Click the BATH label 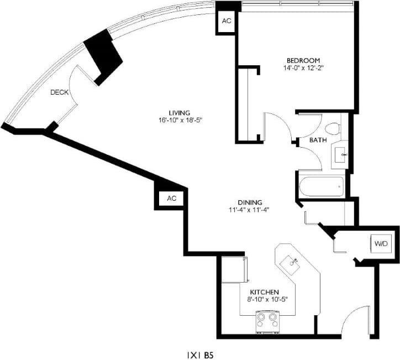point(317,140)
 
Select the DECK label point(59,92)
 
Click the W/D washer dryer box point(381,244)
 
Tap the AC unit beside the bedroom point(227,21)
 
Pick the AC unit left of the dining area point(171,199)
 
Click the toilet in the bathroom point(331,129)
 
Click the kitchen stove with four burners point(267,321)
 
